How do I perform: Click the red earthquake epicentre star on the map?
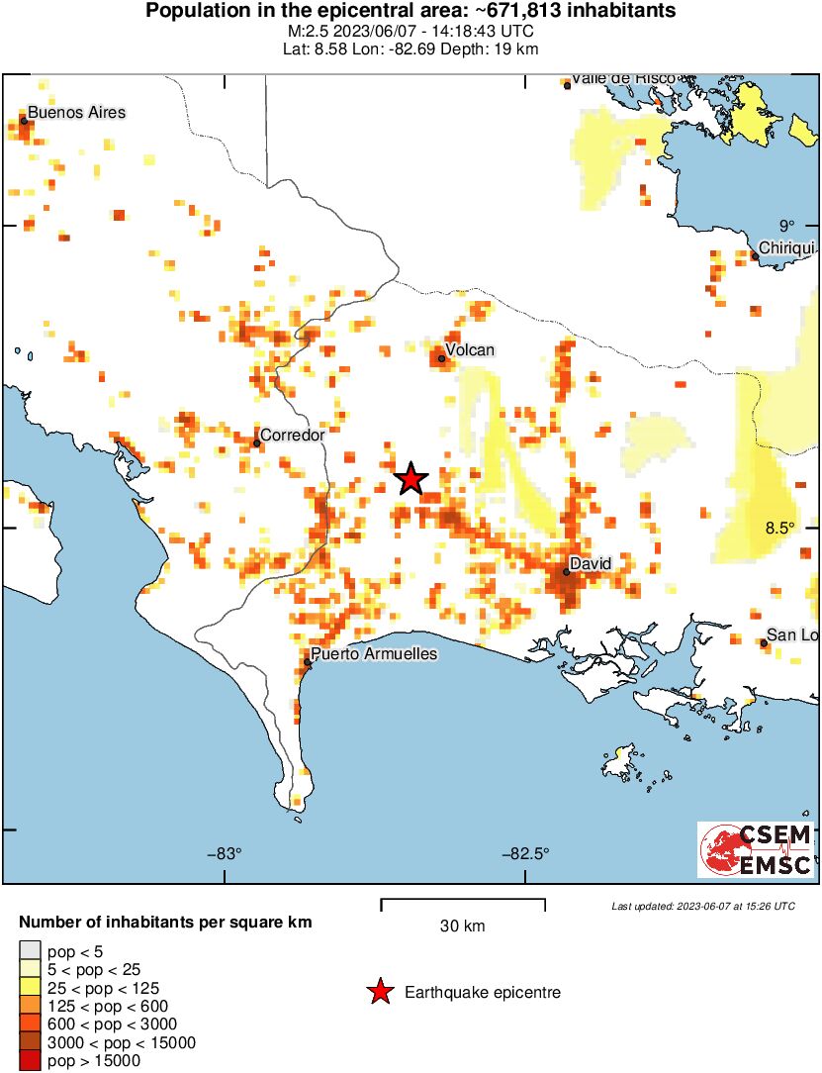click(411, 479)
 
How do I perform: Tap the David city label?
click(591, 563)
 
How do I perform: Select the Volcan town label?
click(469, 350)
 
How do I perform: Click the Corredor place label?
click(291, 435)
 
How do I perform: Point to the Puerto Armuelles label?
click(373, 654)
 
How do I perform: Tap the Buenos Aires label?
click(76, 112)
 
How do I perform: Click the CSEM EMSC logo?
click(756, 849)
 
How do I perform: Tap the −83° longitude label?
click(225, 855)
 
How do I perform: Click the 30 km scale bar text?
click(462, 927)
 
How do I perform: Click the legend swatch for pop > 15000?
click(31, 1061)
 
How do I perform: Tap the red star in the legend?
click(379, 992)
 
